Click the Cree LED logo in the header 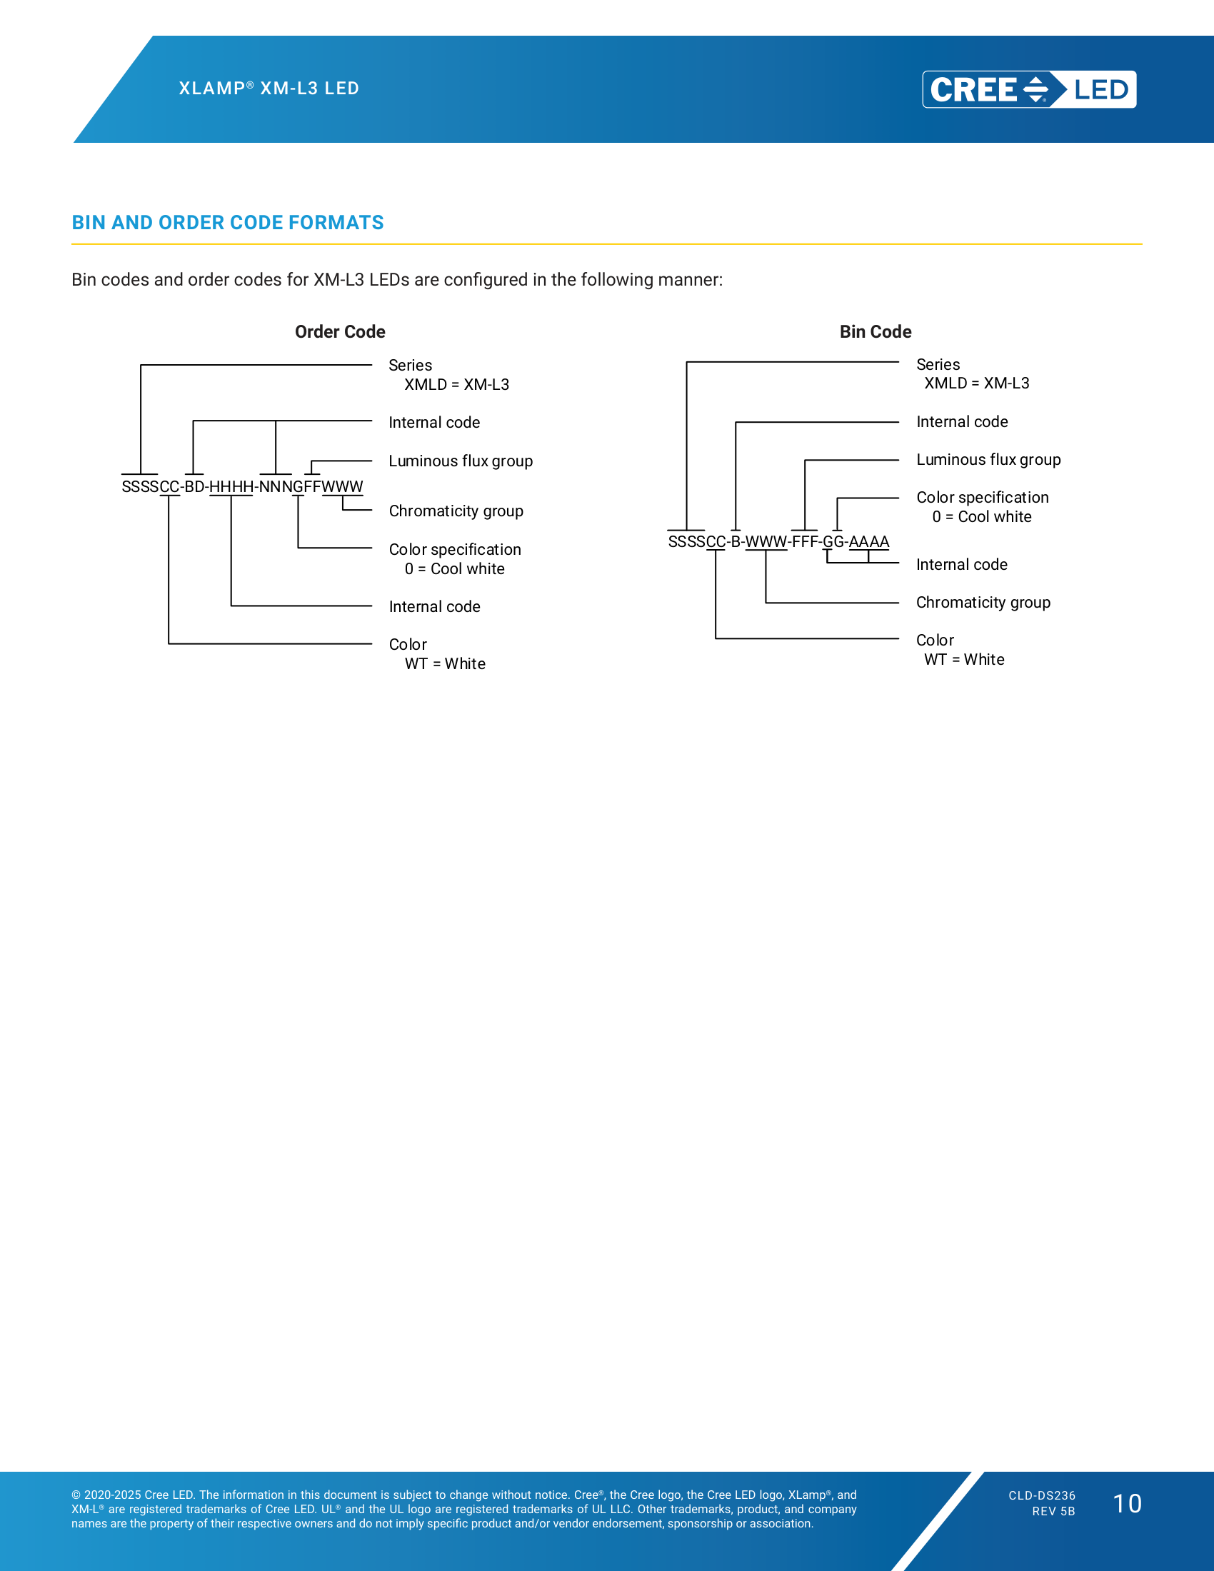(1029, 89)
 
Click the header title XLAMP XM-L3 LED (269, 89)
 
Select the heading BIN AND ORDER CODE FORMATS (227, 222)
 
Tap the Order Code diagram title (340, 331)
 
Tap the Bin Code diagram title (876, 331)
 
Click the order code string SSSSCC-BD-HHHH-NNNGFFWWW (242, 487)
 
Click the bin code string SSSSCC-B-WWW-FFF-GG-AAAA (778, 542)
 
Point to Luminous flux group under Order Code (461, 461)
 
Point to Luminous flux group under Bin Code (988, 460)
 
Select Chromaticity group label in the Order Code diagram (456, 511)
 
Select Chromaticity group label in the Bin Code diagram (983, 602)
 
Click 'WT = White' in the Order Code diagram (445, 664)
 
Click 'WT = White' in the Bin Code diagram (965, 660)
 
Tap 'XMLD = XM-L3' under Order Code (457, 385)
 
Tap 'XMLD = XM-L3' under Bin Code (977, 383)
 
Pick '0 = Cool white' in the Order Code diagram (454, 569)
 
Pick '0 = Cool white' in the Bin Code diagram (982, 516)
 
